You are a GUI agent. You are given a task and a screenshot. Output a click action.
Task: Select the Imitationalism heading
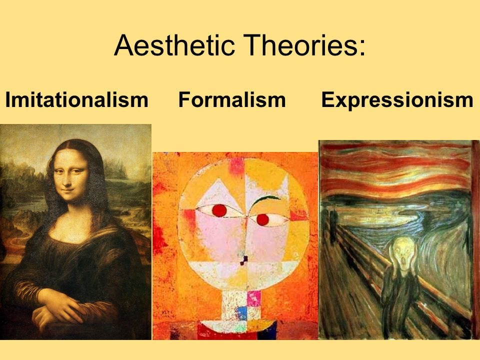pyautogui.click(x=77, y=100)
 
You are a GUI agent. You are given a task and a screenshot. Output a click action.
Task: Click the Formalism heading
pyautogui.click(x=231, y=100)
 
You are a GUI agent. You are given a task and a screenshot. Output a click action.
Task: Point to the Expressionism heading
pyautogui.click(x=397, y=100)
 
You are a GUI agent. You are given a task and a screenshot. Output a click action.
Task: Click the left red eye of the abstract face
pyautogui.click(x=219, y=210)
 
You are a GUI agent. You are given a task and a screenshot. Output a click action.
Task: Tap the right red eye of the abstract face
pyautogui.click(x=262, y=219)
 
